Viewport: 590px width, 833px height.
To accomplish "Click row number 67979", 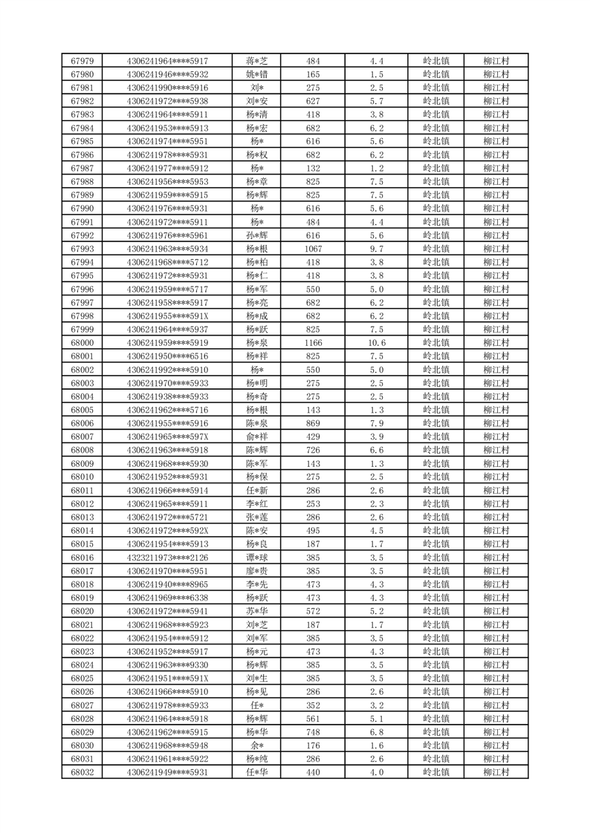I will (82, 61).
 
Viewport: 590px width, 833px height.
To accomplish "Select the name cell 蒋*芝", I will (257, 61).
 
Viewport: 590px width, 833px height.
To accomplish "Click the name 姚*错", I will (257, 74).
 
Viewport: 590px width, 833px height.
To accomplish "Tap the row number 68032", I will (82, 772).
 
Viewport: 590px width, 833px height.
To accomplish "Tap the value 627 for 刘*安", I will (313, 101).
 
